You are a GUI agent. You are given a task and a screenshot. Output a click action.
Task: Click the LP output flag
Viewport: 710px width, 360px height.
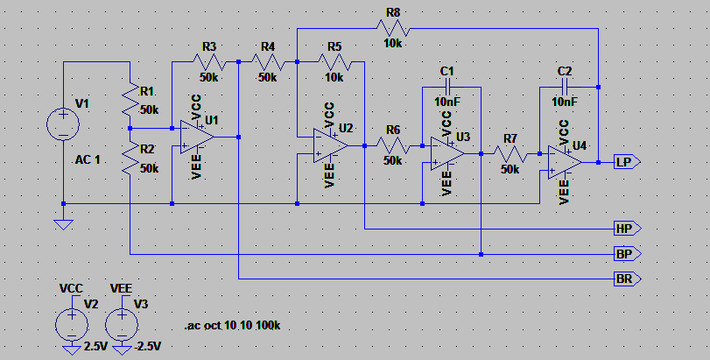(627, 162)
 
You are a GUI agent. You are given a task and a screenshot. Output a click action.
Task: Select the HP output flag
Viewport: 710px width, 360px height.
(627, 229)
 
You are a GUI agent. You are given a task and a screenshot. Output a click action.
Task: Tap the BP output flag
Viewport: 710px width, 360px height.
(627, 254)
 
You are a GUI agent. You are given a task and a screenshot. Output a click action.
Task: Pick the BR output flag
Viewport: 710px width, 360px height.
(627, 279)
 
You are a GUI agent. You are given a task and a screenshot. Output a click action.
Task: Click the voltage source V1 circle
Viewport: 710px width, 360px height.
(63, 124)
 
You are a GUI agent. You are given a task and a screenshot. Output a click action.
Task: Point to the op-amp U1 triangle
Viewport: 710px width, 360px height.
(197, 138)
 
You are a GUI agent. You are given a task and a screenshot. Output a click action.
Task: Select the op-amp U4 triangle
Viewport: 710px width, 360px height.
(565, 162)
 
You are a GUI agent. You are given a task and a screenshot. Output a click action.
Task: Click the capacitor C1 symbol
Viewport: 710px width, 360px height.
(446, 87)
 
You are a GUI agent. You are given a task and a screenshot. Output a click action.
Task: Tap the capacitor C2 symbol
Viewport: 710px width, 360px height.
(564, 87)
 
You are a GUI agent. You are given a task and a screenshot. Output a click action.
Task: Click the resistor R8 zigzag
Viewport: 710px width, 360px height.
(393, 29)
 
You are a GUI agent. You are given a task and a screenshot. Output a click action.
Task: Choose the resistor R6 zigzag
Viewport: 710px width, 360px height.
(393, 145)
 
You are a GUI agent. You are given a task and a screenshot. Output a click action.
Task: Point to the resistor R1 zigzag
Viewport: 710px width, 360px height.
(130, 99)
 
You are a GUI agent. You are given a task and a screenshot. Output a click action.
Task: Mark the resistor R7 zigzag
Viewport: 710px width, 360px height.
(510, 154)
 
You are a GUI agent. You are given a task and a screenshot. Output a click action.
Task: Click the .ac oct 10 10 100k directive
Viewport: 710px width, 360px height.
(232, 326)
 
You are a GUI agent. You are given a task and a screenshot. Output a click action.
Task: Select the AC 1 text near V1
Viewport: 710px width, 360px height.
(88, 159)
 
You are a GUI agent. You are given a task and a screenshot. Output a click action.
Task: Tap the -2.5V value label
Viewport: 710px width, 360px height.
(148, 347)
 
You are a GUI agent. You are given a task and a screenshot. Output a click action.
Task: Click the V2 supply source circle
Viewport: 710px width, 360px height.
(72, 325)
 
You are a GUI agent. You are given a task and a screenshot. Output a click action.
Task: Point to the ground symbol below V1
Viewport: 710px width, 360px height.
(63, 224)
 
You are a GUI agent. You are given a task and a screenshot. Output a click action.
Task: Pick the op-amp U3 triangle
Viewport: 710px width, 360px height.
(447, 154)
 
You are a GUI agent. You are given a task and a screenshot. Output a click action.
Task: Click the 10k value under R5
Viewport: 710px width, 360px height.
(334, 77)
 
